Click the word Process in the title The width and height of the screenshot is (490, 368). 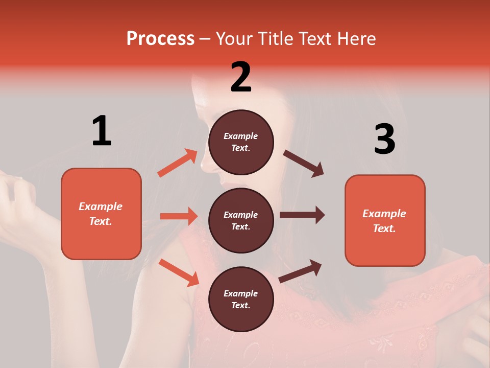tap(160, 39)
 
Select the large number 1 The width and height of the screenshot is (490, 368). tap(102, 131)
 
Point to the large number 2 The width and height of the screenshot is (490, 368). tap(241, 77)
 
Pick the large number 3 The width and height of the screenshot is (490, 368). tap(384, 140)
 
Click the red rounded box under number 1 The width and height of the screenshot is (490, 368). tap(101, 214)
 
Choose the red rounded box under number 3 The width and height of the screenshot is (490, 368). tap(385, 220)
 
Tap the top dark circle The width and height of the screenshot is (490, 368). tap(241, 142)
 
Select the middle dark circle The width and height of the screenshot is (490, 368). tap(241, 220)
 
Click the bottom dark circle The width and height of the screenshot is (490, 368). tap(241, 299)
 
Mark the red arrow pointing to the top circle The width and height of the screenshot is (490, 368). tap(178, 163)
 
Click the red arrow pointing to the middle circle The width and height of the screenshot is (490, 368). tap(179, 216)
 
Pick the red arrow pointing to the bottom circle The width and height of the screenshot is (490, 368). tap(179, 272)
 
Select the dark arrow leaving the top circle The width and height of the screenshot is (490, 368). tap(303, 163)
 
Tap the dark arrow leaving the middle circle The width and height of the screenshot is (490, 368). tap(302, 215)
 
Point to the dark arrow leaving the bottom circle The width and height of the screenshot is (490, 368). tap(300, 271)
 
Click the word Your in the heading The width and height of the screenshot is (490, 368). tap(233, 39)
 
